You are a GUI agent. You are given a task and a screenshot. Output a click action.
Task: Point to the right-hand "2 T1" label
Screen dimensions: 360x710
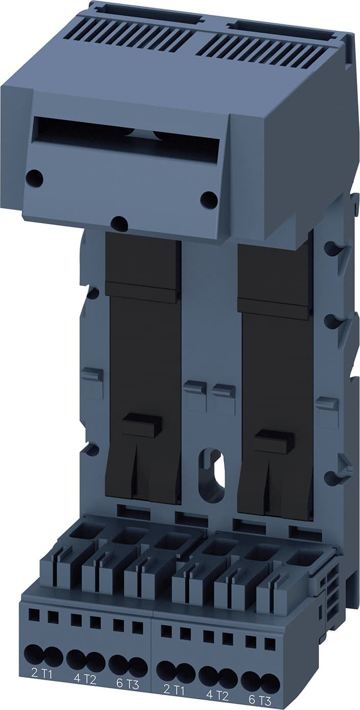pos(174,690)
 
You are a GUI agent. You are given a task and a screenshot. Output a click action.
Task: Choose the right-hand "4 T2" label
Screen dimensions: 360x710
pos(217,695)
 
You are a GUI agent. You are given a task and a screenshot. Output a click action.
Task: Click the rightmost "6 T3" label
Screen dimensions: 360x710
pos(260,700)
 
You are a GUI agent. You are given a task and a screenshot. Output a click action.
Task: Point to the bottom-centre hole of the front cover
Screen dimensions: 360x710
pos(119,223)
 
